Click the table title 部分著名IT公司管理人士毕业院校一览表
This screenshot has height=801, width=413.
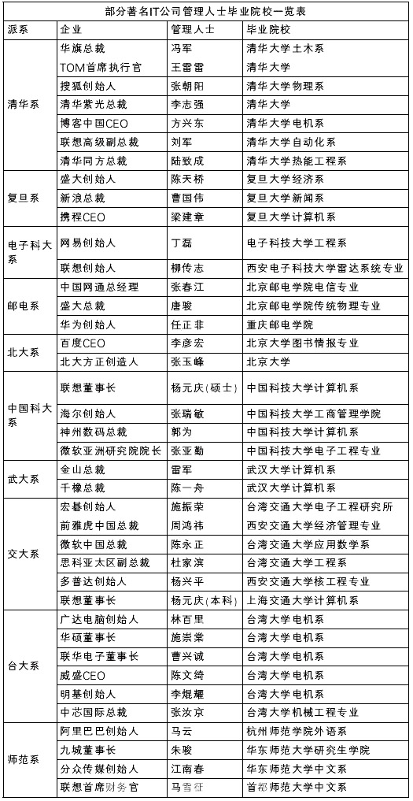(x=206, y=12)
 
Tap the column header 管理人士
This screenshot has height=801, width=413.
(x=193, y=30)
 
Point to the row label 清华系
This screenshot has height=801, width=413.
(x=23, y=104)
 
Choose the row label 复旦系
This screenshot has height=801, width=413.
(x=23, y=198)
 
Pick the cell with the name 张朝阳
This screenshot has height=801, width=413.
(x=187, y=86)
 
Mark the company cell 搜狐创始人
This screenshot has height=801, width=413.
(x=88, y=86)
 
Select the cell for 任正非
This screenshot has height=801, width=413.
(x=187, y=324)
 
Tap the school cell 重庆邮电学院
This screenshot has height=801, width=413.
(x=285, y=324)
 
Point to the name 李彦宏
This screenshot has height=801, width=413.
(x=187, y=343)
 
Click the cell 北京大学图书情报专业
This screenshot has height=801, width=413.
(x=302, y=343)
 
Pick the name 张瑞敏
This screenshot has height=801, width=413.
(x=187, y=413)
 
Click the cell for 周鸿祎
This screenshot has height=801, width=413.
(x=187, y=525)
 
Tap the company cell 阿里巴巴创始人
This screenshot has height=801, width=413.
(x=99, y=732)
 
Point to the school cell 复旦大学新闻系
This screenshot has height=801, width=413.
(x=285, y=198)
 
